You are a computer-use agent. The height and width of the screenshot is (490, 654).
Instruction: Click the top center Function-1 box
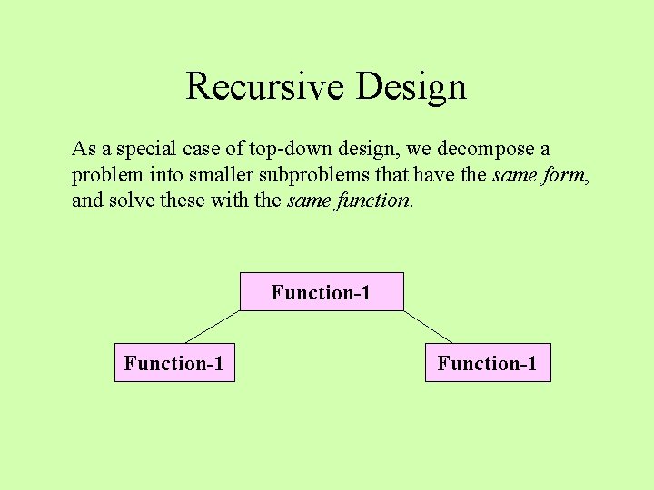click(322, 292)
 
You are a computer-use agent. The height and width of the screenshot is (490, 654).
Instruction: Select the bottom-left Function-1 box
click(174, 363)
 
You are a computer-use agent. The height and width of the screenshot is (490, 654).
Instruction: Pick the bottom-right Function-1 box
click(488, 363)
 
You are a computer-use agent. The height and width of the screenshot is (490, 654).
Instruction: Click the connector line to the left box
click(213, 327)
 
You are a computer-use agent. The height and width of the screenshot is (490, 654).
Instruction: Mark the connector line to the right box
click(428, 327)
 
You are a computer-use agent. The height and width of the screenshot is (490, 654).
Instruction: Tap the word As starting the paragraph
click(84, 149)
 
